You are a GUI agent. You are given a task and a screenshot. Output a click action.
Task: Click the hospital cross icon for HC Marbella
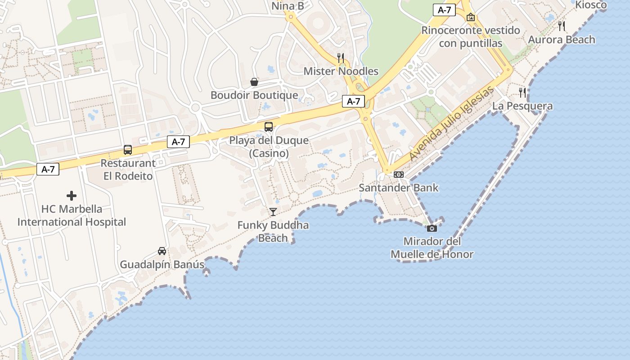[x=72, y=196]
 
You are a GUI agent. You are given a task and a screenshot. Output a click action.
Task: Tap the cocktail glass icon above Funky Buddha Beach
[x=273, y=211]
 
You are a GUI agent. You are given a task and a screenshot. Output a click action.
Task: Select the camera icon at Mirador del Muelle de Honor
[x=432, y=228]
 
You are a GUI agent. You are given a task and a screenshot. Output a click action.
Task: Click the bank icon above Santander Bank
[x=399, y=175]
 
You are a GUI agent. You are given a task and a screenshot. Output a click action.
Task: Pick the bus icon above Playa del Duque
[x=269, y=126]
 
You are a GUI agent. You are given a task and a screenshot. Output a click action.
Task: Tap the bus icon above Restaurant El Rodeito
[x=128, y=150]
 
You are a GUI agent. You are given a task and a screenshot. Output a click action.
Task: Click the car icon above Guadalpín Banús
[x=162, y=251]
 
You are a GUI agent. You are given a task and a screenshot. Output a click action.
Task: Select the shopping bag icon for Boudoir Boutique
[x=254, y=82]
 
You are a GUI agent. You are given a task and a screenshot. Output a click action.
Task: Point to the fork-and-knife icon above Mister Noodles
[x=341, y=58]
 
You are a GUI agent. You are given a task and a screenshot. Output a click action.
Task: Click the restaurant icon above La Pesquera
[x=522, y=93]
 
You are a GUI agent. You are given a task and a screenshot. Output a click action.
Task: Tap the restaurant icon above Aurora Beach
[x=562, y=26]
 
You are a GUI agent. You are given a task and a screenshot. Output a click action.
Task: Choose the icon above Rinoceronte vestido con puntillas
[x=471, y=17]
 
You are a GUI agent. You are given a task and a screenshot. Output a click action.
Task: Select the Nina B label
[x=288, y=6]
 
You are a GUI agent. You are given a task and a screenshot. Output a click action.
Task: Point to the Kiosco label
[x=591, y=5]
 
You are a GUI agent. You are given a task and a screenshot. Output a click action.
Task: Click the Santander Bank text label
[x=399, y=188]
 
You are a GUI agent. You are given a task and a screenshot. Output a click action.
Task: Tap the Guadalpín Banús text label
[x=162, y=264]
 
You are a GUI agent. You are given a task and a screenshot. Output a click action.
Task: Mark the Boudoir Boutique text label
[x=254, y=95]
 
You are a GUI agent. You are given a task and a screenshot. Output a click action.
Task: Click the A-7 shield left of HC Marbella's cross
[x=48, y=169]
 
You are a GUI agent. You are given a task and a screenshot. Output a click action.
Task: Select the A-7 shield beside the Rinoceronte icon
[x=444, y=10]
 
